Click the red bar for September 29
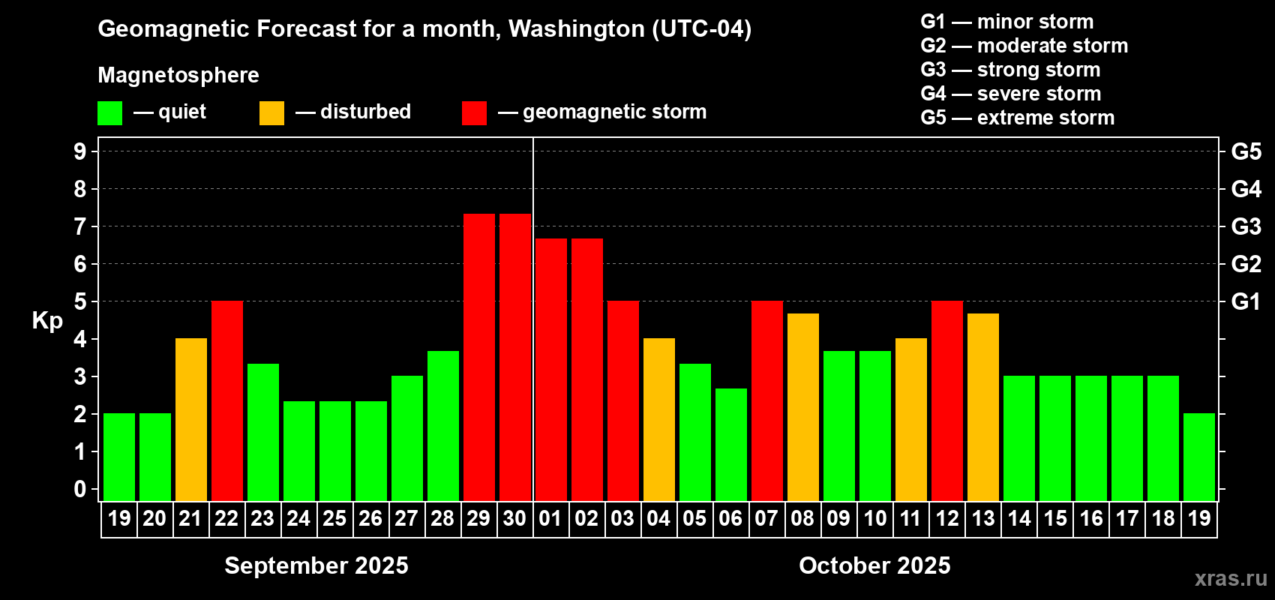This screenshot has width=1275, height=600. tap(478, 357)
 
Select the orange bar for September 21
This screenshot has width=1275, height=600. tap(190, 419)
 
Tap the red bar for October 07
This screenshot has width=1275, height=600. tap(766, 400)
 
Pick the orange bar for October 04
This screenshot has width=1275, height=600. tap(658, 419)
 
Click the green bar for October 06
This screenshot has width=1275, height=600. tap(730, 444)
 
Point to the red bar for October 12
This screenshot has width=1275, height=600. tap(946, 400)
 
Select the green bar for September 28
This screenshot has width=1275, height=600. tap(442, 425)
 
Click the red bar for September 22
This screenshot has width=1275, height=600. tap(226, 400)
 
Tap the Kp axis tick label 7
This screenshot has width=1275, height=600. tap(80, 226)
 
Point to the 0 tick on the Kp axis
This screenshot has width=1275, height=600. tap(80, 489)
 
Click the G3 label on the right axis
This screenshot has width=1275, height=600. tap(1246, 226)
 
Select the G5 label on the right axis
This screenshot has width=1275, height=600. tap(1246, 151)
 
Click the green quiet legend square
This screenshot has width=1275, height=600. tap(110, 113)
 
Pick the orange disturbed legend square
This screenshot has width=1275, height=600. tap(271, 113)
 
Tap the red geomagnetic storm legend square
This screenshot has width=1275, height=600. tap(474, 113)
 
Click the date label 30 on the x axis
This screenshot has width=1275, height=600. tap(514, 518)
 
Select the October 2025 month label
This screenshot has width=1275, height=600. tap(874, 565)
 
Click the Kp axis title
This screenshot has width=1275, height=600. tap(47, 320)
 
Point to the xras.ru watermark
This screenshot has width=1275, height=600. tap(1230, 578)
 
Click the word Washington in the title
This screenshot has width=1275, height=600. tap(576, 28)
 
